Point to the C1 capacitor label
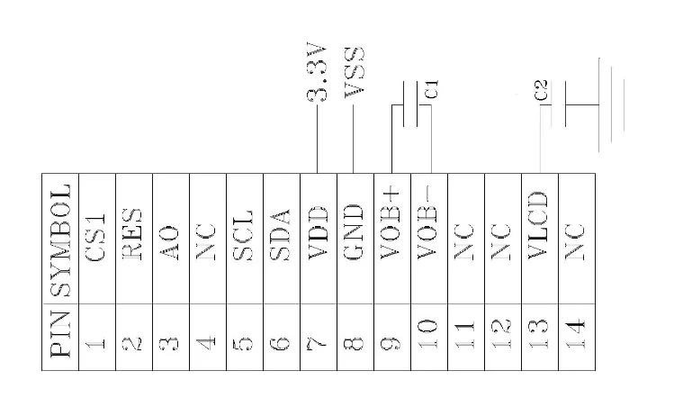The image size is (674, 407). (432, 88)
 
